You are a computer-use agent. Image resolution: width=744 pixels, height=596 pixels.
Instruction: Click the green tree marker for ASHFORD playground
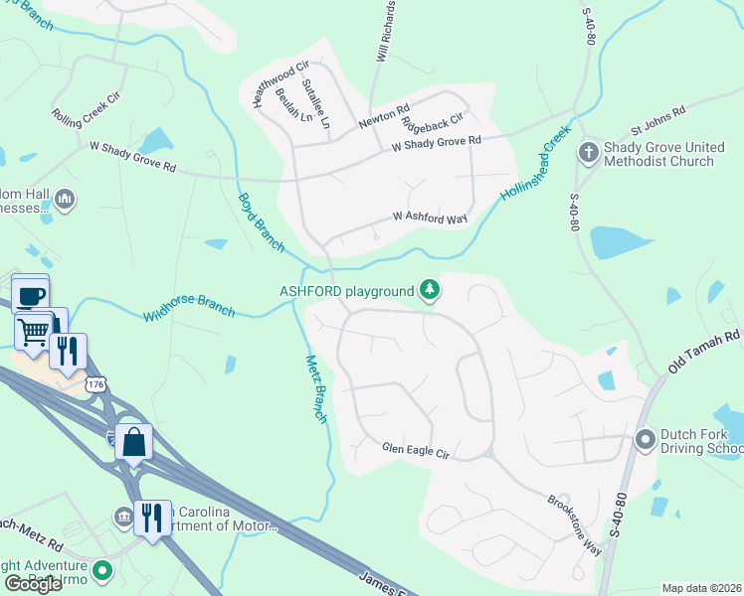pos(430,290)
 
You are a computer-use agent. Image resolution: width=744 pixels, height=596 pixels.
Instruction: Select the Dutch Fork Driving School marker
pos(646,438)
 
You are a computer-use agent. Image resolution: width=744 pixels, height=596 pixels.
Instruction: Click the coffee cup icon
pos(30,295)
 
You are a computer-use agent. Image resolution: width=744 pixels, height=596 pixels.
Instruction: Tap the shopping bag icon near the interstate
pos(133,442)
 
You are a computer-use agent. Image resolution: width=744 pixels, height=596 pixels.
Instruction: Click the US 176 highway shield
pos(96,383)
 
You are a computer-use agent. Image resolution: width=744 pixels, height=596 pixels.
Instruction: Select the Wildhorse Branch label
pos(189,307)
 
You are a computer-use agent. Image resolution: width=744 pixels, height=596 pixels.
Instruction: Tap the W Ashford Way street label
pos(431,216)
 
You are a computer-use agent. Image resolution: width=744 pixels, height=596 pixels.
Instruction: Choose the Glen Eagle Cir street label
pos(417,451)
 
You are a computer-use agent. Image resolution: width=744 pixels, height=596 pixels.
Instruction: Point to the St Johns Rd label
pos(657,121)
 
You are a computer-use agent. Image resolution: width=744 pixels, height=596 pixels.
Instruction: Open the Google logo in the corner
pos(33,584)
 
